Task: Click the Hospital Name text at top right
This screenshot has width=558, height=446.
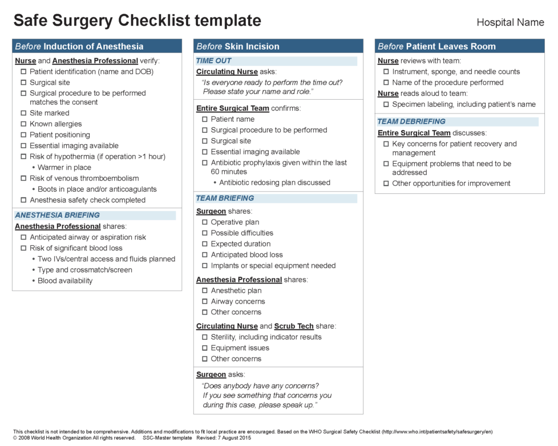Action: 510,23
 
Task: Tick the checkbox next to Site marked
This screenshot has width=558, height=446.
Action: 23,113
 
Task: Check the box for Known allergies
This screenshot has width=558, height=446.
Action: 23,124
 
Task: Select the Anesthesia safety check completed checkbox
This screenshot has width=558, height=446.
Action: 23,200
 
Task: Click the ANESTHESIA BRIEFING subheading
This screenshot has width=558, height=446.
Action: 57,216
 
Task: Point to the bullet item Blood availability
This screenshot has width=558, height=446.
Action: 64,281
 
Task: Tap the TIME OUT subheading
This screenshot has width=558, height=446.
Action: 214,61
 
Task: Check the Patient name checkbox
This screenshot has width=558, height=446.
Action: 205,120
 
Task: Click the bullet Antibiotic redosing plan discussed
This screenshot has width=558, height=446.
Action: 274,183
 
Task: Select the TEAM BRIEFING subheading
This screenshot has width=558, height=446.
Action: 225,198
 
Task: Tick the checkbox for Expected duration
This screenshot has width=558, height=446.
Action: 205,244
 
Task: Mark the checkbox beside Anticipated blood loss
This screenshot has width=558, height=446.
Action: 205,255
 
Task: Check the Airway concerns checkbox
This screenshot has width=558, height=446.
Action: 205,302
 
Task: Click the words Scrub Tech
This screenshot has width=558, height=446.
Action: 294,326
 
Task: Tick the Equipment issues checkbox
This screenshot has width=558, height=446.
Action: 205,348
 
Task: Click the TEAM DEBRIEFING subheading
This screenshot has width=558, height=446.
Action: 411,121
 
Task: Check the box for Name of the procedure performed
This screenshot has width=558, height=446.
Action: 386,83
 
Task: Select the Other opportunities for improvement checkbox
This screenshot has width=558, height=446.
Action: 386,184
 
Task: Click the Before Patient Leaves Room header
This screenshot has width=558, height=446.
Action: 436,46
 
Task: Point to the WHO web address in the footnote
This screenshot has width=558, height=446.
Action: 436,432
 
